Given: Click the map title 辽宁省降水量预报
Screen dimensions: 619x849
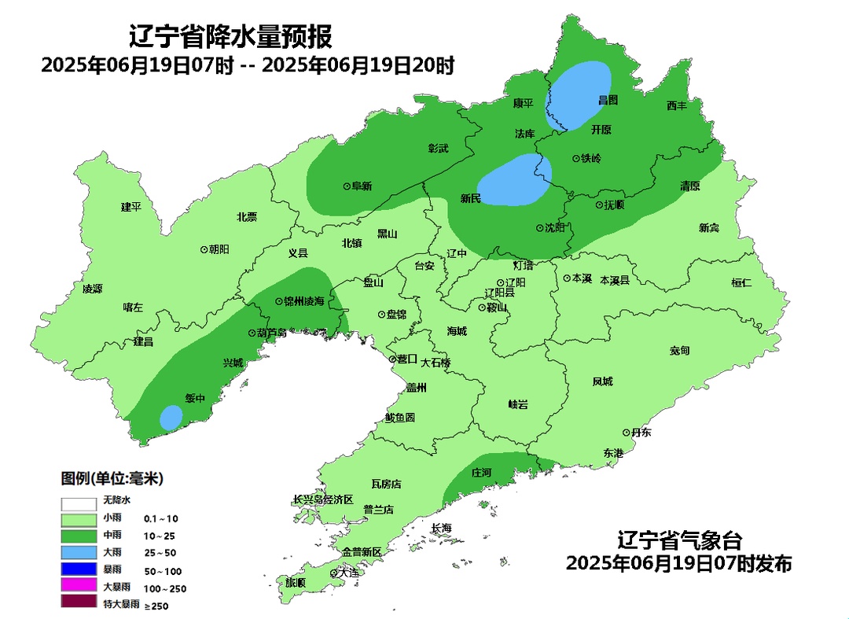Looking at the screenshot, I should pos(230,36).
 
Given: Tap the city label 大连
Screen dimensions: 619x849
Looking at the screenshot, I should pos(348,573).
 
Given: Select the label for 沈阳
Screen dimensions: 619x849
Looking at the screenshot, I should pos(555,228).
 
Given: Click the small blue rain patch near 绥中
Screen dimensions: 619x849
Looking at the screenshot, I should pos(171,417).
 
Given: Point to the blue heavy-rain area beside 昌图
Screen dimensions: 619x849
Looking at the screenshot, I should pos(579,95).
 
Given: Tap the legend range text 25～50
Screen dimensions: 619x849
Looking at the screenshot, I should pos(160,553).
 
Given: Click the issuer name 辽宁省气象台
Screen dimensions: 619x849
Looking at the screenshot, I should pos(679,541).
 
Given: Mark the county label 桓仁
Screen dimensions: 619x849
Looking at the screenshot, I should pos(741,282).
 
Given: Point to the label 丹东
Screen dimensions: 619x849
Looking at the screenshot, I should pos(641,433).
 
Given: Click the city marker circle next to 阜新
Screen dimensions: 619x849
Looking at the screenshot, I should pos(347,186).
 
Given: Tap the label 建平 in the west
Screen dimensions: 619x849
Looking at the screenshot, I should pos(130,207).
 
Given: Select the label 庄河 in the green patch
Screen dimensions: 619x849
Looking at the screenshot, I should pos(480,473).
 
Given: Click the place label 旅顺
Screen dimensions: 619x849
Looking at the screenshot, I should pos(295,583).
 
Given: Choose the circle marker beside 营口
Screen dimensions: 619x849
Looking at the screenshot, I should pos(393,359).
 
